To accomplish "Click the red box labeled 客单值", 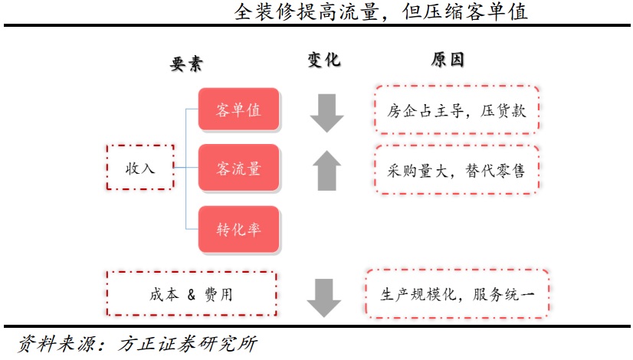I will click(239, 110).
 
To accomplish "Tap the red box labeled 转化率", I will click(239, 228).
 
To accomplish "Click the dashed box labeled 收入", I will click(140, 167).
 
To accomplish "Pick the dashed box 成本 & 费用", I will click(191, 293).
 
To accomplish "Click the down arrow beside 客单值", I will click(327, 113).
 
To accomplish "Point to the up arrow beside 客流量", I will click(327, 169).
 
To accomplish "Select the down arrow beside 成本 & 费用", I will click(324, 297).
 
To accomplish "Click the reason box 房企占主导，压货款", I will click(457, 110).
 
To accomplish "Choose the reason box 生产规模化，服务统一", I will click(458, 294).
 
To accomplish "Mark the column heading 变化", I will click(323, 60).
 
